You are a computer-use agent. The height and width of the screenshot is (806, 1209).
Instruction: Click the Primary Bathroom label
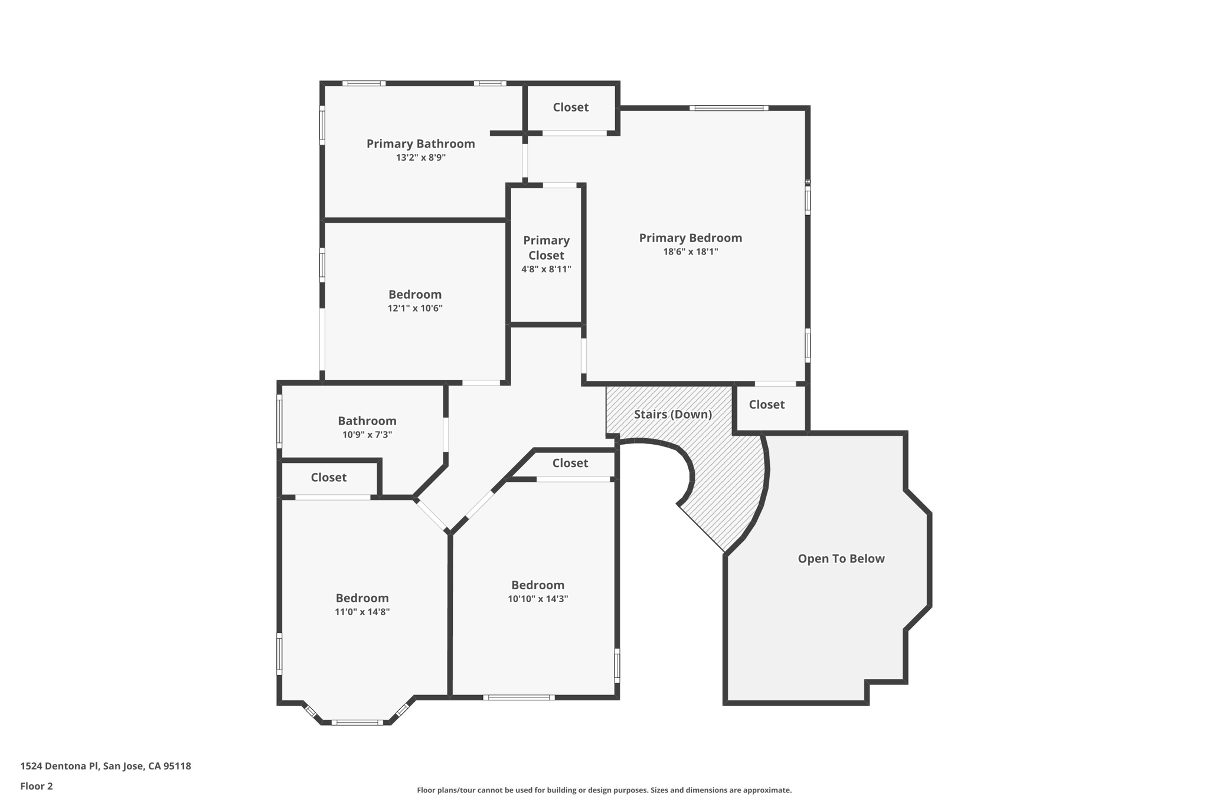(x=420, y=143)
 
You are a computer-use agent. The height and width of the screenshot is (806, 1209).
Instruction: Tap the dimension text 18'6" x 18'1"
(x=690, y=252)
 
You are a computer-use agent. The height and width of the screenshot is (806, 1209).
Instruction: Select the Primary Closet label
(x=546, y=248)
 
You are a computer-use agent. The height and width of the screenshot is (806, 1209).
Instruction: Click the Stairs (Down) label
(x=672, y=415)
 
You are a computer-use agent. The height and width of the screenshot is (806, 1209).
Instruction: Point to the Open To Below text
(x=841, y=559)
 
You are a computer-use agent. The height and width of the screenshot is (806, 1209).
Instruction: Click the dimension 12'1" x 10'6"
(x=414, y=308)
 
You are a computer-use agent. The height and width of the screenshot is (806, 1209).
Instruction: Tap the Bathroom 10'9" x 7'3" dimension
(x=367, y=435)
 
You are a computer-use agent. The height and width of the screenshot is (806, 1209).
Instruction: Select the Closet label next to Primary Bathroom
(x=570, y=107)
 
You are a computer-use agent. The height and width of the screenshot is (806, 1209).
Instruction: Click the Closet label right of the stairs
(x=766, y=404)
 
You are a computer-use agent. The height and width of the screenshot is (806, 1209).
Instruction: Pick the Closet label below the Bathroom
(x=328, y=477)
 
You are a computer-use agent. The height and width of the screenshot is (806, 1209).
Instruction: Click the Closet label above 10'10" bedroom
(x=570, y=463)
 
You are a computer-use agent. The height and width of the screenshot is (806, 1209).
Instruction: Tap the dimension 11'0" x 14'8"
(x=362, y=612)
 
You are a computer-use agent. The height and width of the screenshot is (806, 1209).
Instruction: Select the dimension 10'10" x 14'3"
(x=537, y=599)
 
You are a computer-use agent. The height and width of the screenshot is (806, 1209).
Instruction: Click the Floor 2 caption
(x=37, y=786)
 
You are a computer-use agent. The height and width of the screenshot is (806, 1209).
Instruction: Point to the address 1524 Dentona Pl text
(x=106, y=766)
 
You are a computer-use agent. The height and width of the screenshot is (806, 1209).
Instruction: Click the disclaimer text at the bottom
(x=604, y=790)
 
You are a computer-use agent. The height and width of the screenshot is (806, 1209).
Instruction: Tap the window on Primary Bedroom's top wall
(x=728, y=108)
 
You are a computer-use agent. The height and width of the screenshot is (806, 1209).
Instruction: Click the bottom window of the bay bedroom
(x=357, y=722)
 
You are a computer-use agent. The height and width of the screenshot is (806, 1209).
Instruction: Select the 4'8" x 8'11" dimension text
(x=546, y=269)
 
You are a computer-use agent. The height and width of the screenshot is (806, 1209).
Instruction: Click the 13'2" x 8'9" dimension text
(x=420, y=158)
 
